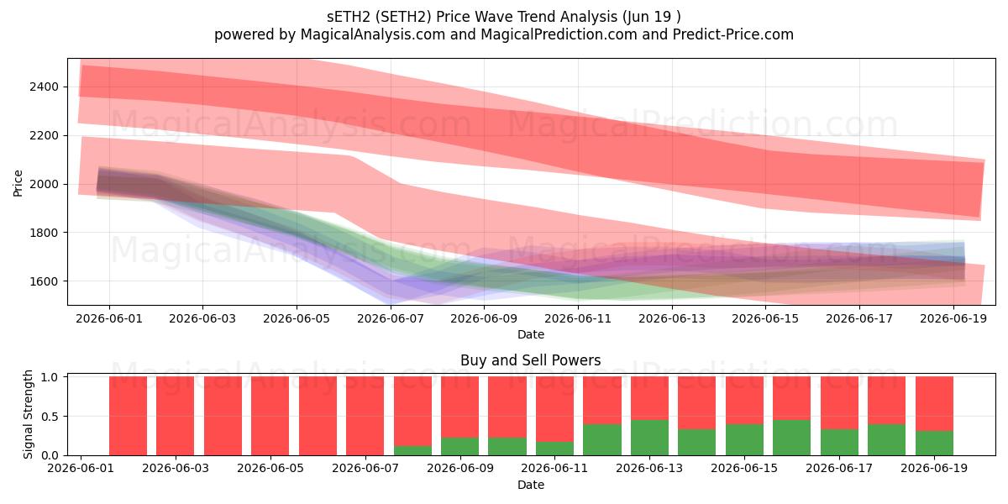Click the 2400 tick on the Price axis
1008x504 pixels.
44,87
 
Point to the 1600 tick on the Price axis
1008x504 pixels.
44,281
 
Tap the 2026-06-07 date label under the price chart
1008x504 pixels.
390,318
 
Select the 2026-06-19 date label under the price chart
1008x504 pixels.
953,318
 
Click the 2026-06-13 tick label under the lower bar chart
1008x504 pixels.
649,468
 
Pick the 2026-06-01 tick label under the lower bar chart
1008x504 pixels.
81,468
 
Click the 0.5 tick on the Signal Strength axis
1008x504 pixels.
50,417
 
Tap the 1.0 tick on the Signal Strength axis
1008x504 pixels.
50,377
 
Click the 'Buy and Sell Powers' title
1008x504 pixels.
531,360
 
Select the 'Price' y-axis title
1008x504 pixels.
18,183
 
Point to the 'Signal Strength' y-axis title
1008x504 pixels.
28,414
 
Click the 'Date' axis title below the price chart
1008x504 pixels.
531,334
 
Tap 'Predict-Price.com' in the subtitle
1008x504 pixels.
733,34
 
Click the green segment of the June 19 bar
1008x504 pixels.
934,444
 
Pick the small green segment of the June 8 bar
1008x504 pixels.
412,451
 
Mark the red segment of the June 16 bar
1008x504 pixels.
792,398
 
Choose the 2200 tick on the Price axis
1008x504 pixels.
44,135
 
